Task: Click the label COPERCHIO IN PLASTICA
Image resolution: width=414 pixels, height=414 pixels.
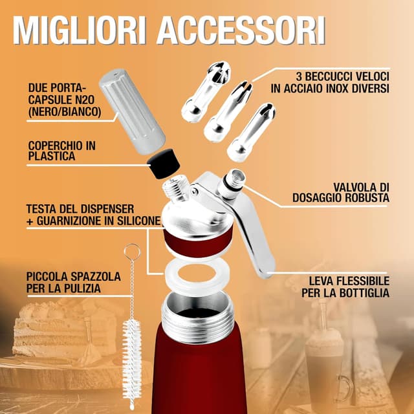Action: point(62,151)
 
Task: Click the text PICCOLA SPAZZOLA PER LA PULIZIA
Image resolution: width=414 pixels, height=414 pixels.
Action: point(73,282)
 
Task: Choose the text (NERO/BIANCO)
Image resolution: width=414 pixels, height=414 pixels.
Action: point(65,111)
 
